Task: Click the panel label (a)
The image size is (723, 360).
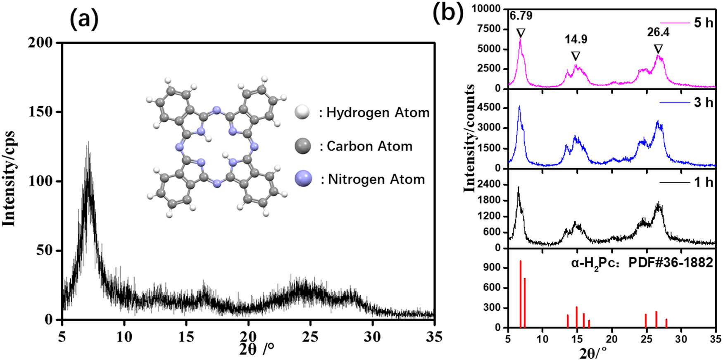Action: coord(84,19)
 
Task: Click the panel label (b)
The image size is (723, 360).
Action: coord(448,12)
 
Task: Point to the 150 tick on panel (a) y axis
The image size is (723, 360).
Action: coord(45,112)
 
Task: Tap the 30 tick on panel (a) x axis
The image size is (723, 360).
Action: coord(372,337)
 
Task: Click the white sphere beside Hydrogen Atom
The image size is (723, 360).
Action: coord(302,112)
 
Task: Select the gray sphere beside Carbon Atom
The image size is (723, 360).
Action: coord(303,146)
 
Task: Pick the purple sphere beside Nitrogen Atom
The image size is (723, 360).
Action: coord(303,179)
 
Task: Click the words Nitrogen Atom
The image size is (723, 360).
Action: coord(376,179)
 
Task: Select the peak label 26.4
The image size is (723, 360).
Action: coord(658,32)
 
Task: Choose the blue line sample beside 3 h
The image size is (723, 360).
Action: coord(674,102)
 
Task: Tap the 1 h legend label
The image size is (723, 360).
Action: coord(703,182)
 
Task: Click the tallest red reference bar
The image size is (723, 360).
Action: coord(521,293)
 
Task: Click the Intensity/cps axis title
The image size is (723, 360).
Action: coord(9,179)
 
